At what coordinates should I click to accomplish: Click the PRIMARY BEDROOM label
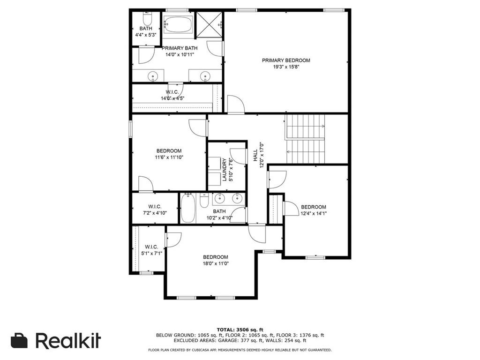tap(286, 60)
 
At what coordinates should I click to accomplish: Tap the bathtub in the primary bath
tap(178, 24)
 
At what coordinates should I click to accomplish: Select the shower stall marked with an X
tap(209, 25)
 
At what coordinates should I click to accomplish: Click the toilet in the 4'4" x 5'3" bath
tap(147, 19)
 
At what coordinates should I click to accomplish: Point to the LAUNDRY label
tap(225, 170)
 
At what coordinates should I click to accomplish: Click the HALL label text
tap(255, 155)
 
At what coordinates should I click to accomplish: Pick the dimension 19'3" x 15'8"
tap(286, 67)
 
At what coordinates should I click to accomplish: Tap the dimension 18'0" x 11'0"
tap(216, 263)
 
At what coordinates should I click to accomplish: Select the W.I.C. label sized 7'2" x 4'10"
tap(155, 207)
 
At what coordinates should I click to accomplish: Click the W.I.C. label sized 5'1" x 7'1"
tap(151, 247)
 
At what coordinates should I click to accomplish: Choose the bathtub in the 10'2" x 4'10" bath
tap(187, 209)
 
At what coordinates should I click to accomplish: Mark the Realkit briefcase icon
tap(19, 340)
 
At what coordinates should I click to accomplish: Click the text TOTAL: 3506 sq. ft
tap(240, 330)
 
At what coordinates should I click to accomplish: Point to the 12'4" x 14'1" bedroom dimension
tap(314, 213)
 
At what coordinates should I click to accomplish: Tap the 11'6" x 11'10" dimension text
tap(169, 157)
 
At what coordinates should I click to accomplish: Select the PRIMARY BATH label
tap(180, 48)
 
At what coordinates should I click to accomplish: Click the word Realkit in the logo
tap(68, 340)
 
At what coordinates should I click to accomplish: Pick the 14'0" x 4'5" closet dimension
tap(172, 98)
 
